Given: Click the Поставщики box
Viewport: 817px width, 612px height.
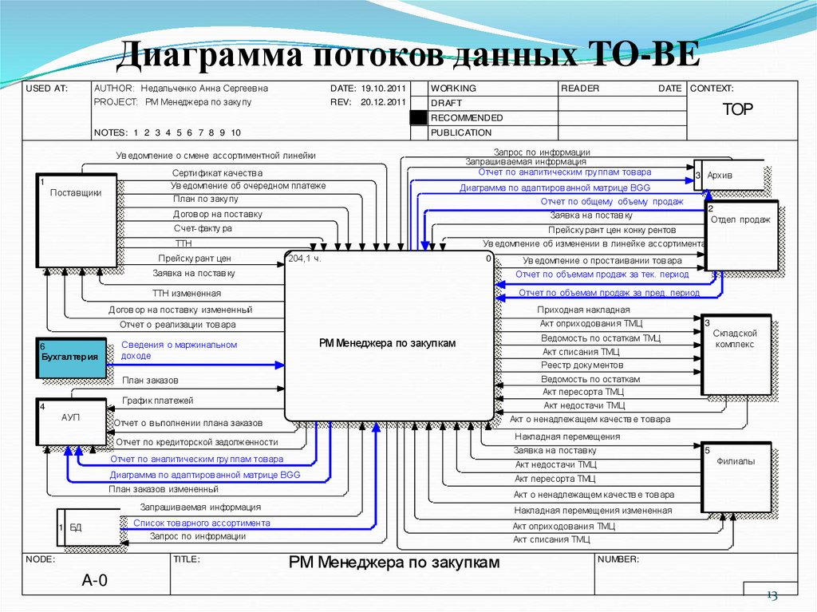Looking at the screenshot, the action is click(77, 219).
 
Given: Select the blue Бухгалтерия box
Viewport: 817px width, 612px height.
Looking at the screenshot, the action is click(69, 357).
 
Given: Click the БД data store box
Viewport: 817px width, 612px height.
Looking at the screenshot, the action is click(91, 527).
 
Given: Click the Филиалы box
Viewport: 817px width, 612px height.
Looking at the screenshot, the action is click(736, 477).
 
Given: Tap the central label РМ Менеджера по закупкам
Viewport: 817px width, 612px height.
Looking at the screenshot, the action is click(387, 343).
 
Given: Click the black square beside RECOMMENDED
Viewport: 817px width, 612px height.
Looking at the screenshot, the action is click(419, 118).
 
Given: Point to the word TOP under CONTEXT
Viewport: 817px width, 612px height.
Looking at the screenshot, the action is click(738, 110).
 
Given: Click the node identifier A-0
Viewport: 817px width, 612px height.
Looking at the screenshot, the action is click(94, 580).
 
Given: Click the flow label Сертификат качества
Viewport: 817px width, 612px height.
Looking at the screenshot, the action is click(217, 172).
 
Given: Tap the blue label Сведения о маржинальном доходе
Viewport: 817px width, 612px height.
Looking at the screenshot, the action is click(179, 350).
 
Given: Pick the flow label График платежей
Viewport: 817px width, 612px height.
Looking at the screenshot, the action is click(157, 401).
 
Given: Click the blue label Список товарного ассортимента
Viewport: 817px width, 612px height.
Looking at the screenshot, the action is click(201, 523).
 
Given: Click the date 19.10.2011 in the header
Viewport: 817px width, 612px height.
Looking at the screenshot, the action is click(384, 89).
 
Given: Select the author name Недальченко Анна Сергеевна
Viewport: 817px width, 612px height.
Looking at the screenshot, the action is click(204, 89).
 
